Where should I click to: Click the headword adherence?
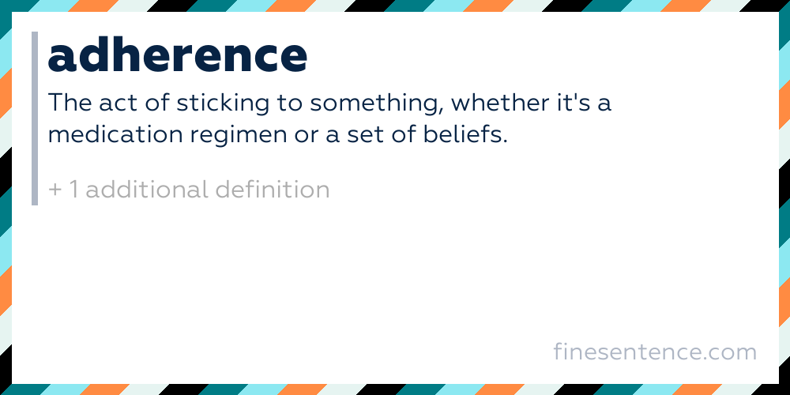(178, 55)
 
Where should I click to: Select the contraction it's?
(577, 103)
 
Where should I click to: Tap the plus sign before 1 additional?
(55, 190)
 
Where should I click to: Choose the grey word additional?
(147, 190)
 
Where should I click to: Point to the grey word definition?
(273, 190)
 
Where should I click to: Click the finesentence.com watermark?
(655, 351)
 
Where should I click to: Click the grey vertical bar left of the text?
(35, 118)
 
